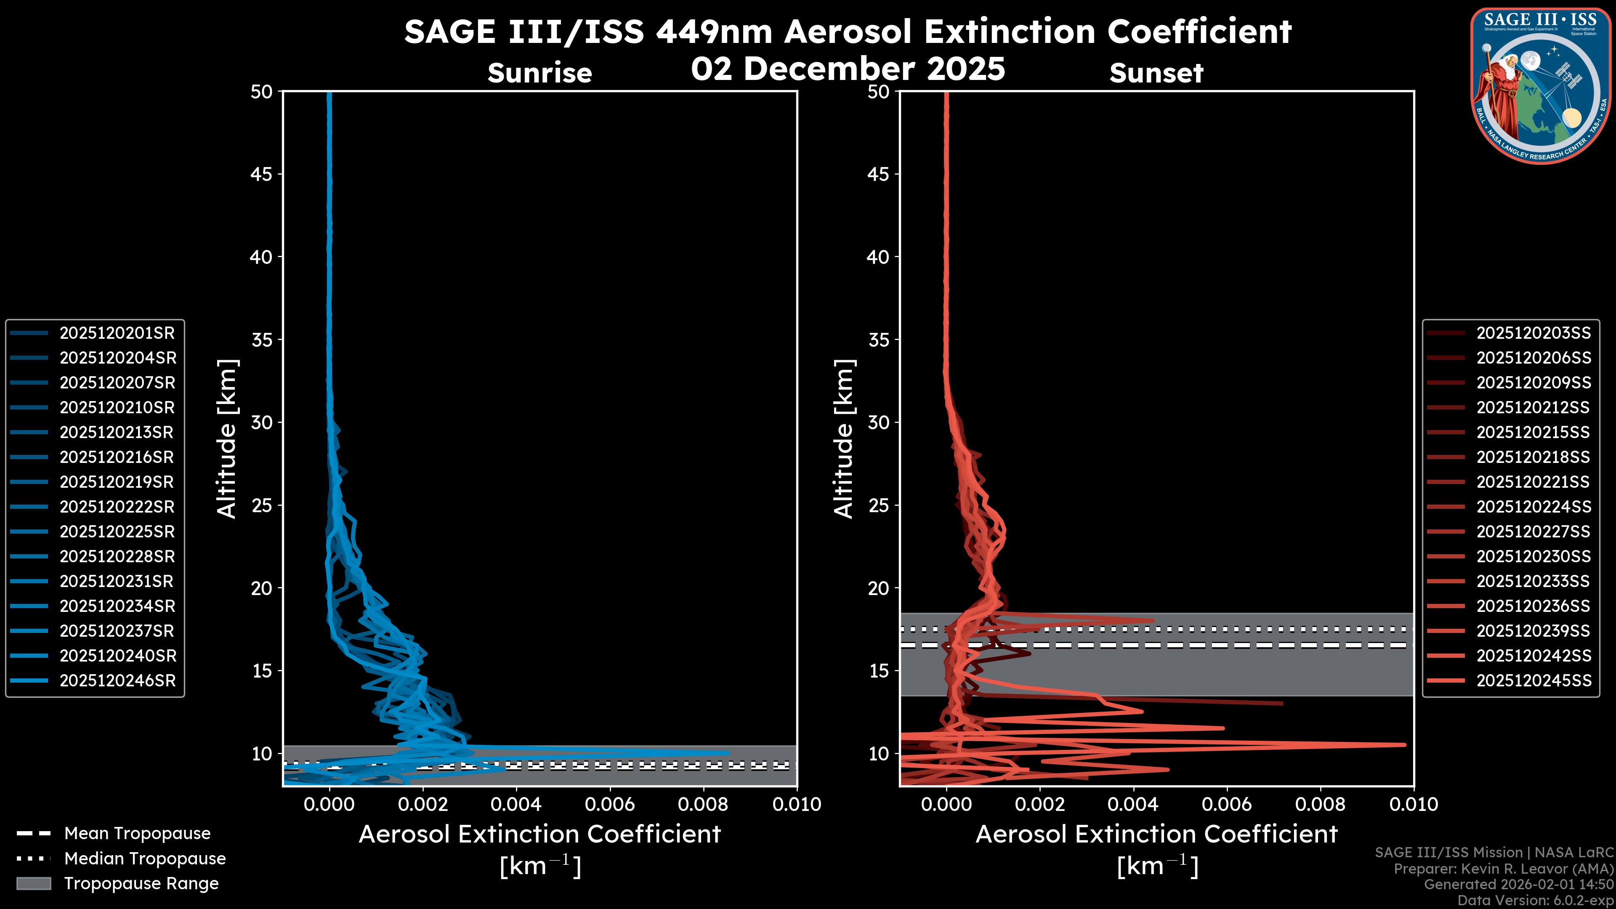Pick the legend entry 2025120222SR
click(117, 507)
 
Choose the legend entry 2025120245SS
click(1533, 680)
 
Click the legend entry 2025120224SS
click(1533, 507)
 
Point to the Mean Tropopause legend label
click(137, 834)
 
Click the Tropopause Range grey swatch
click(33, 883)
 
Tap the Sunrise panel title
click(540, 73)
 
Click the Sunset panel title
click(1156, 73)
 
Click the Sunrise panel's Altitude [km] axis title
click(226, 439)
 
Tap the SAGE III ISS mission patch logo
click(1542, 85)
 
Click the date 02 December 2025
click(848, 69)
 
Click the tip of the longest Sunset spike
click(1404, 744)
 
